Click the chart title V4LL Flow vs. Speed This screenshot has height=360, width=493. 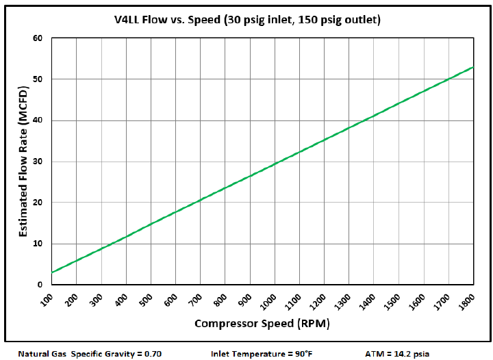(246, 21)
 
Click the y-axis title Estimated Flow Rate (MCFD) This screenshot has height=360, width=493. (25, 161)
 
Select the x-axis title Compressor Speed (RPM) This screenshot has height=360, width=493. (262, 323)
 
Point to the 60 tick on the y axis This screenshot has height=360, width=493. (38, 38)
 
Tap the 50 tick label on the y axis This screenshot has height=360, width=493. (38, 79)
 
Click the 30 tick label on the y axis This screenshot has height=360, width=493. (38, 162)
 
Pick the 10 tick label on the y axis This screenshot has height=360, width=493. (38, 244)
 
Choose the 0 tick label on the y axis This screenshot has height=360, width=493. (40, 285)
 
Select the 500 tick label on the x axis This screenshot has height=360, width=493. (146, 299)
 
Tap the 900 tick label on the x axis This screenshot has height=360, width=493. (245, 299)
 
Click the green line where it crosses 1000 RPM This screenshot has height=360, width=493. (275, 164)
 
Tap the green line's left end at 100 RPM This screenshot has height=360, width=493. (52, 272)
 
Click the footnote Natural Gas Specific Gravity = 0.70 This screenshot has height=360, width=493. (90, 354)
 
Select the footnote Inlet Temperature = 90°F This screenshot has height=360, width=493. (262, 354)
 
